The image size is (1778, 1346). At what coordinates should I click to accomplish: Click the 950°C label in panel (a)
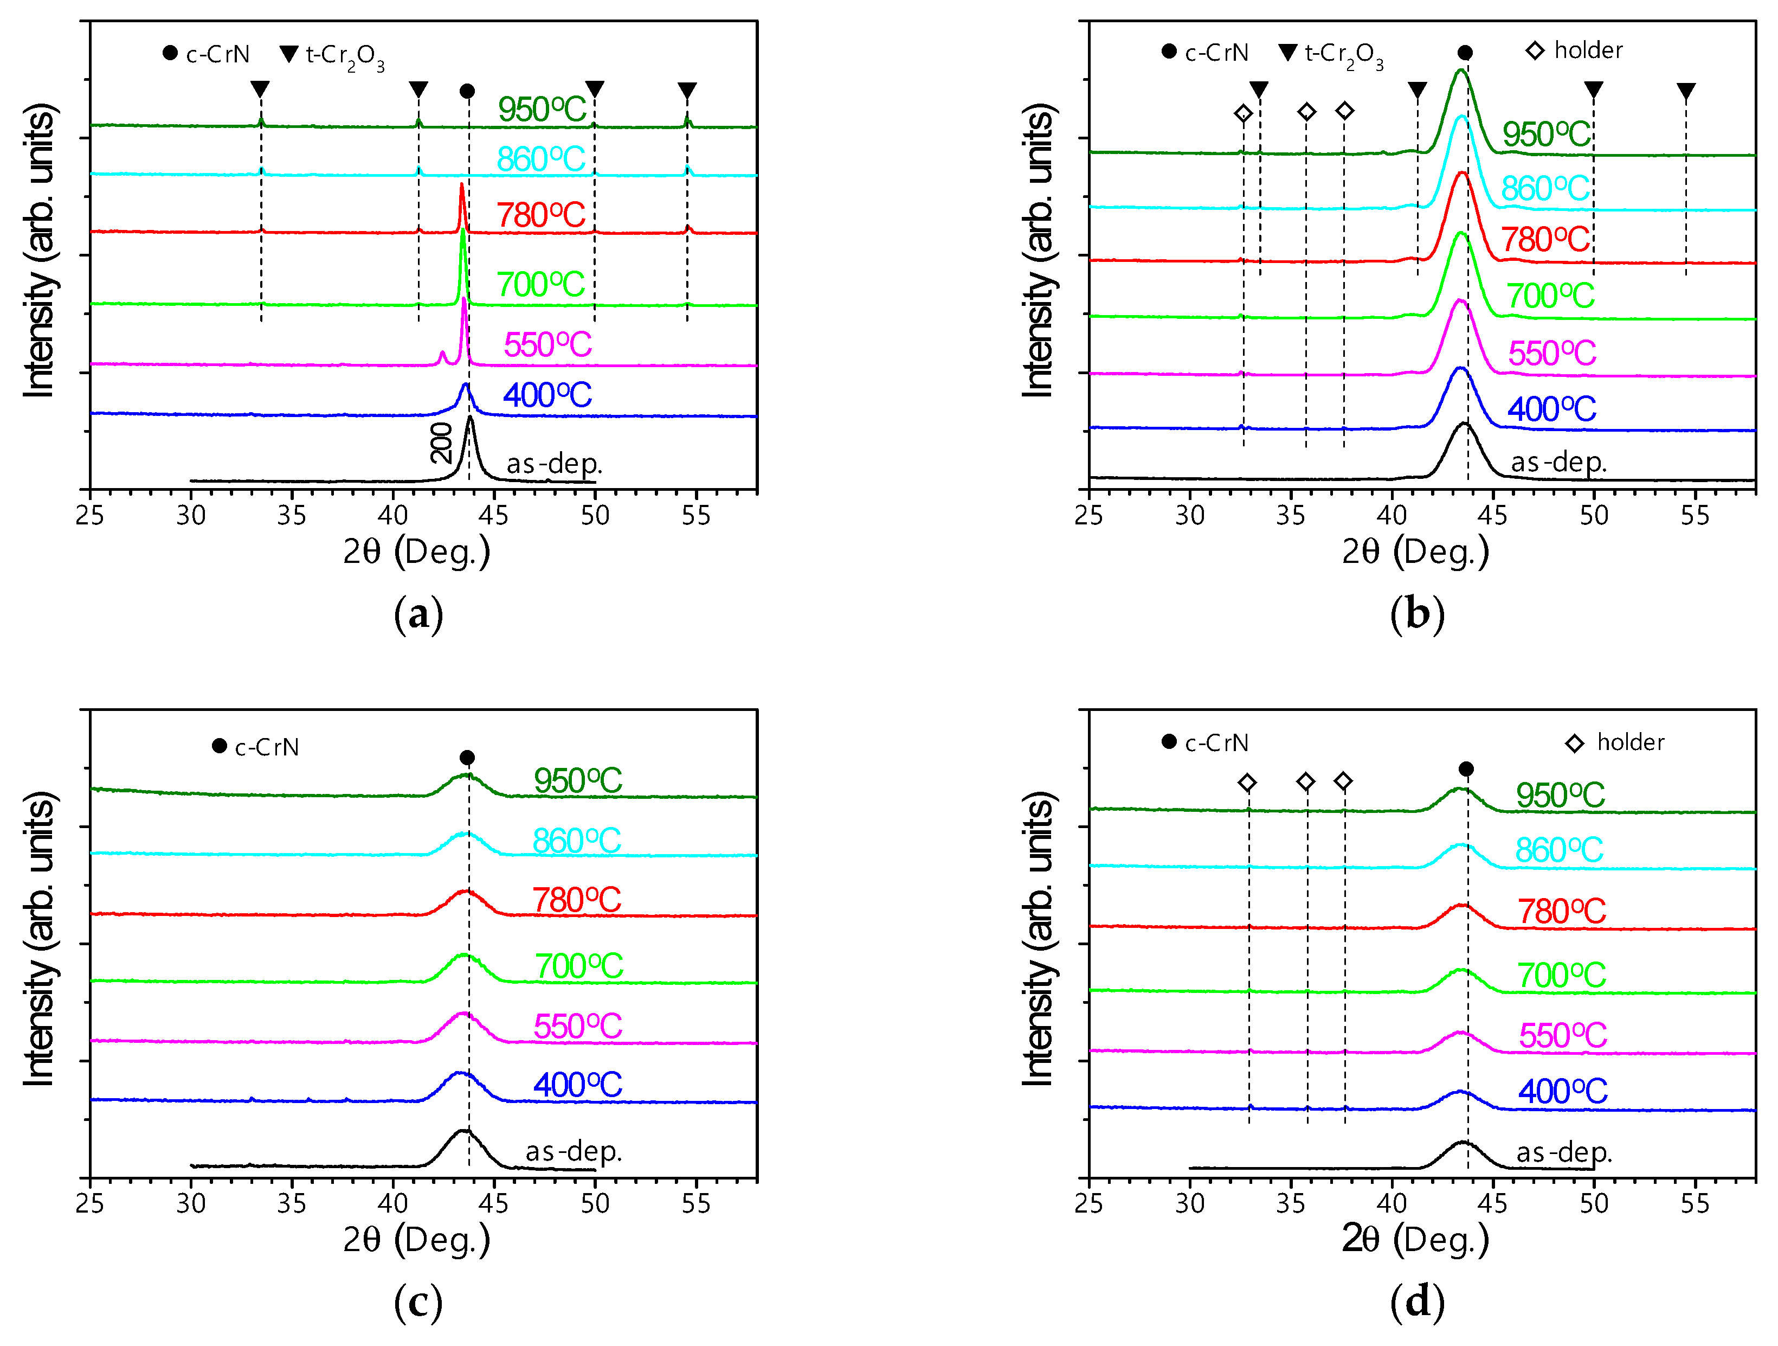(542, 110)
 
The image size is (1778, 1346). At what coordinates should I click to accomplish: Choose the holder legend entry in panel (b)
(1574, 50)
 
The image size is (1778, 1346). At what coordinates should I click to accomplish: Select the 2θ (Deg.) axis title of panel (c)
(416, 1239)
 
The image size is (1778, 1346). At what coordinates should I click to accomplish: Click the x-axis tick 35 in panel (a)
(291, 515)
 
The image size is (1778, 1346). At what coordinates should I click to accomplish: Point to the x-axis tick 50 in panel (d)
(1594, 1204)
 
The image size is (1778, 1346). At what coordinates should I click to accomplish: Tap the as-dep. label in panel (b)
(1558, 463)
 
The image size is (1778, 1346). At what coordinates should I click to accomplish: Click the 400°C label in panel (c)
(577, 1085)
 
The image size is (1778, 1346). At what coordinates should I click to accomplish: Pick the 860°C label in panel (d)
(1558, 850)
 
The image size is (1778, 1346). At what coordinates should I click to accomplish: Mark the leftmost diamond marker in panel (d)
(1247, 783)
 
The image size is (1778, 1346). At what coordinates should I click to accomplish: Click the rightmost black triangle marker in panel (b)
(1685, 91)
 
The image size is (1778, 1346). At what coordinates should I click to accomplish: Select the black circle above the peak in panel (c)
(467, 758)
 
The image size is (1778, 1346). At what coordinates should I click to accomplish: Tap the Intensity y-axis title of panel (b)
(1039, 251)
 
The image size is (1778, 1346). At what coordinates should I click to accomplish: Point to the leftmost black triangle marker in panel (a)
(260, 88)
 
